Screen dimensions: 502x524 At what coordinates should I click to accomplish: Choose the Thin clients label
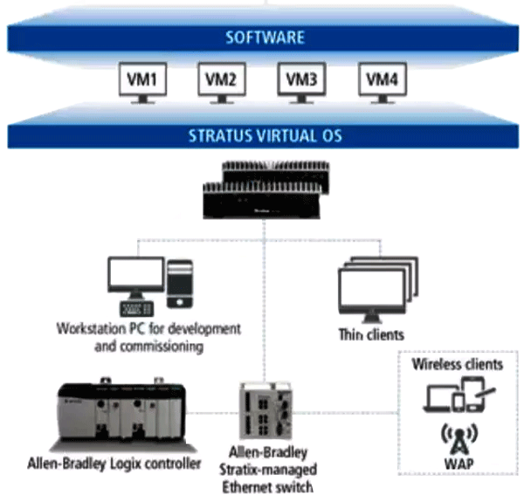point(371,334)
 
